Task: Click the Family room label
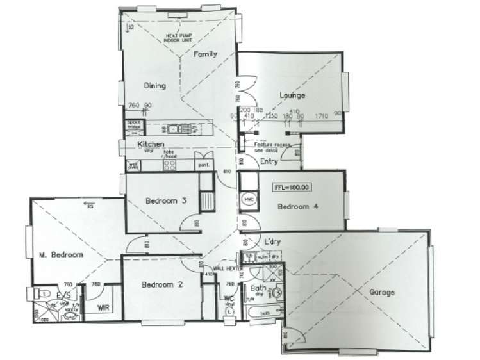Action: click(206, 55)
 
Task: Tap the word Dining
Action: click(155, 86)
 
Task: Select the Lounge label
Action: click(292, 96)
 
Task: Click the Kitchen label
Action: click(151, 145)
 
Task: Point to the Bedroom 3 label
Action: click(166, 201)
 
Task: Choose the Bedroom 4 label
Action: click(297, 207)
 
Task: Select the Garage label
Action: click(381, 293)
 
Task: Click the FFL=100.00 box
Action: click(292, 188)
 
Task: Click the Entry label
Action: click(269, 161)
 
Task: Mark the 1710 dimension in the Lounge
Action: click(321, 115)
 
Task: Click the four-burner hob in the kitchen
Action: click(170, 165)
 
